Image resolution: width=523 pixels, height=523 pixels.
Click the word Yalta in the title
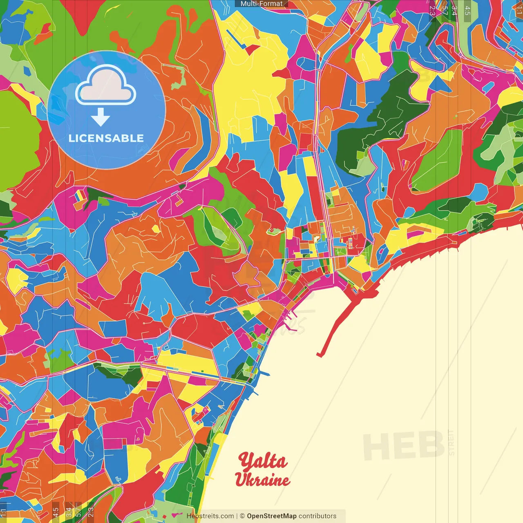(263, 462)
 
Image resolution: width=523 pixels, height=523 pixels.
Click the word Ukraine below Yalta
(262, 480)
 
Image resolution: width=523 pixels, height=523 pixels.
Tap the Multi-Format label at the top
(261, 4)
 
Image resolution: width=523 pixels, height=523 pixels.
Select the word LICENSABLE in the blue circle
(106, 138)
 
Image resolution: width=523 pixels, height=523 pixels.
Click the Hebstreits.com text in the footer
(210, 516)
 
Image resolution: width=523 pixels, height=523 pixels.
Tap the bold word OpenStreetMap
(272, 516)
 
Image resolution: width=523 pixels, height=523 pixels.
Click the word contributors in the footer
(317, 516)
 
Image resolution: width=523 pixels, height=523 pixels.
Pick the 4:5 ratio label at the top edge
(467, 11)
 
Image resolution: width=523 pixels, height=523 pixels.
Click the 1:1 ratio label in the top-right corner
(519, 11)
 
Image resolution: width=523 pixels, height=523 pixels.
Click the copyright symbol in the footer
(242, 516)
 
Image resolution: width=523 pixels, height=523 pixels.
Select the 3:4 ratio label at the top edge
(454, 11)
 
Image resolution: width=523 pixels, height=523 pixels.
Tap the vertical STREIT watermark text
(451, 443)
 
